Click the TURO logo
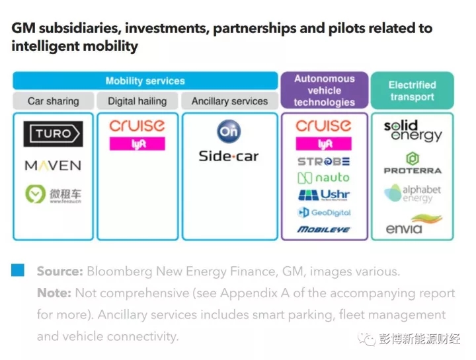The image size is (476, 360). pos(53,134)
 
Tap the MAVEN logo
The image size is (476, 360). pos(53,165)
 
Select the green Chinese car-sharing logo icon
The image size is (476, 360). pos(34,194)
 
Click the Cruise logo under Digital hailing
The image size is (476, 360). pos(137,126)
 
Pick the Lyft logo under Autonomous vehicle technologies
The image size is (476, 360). pos(323,144)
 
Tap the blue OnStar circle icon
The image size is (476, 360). pos(229,131)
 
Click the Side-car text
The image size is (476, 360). pos(229,157)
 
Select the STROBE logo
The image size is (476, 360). pos(323,161)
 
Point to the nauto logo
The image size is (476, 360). pos(323,178)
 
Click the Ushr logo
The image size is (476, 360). pos(323,195)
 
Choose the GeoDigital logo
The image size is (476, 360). pos(323,213)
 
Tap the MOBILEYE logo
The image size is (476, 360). pos(323,229)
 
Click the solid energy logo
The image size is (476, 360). pos(413,131)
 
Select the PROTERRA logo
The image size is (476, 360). pos(413,163)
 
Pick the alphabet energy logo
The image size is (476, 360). pos(413,194)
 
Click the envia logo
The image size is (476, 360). pos(413,225)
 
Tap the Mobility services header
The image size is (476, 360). pos(145,81)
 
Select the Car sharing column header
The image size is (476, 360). pos(53,101)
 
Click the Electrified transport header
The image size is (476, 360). pos(412,90)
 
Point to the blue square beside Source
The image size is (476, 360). pos(18,270)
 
